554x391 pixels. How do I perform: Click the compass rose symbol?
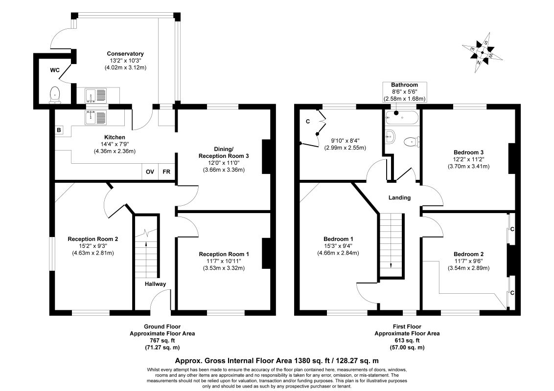tap(482, 53)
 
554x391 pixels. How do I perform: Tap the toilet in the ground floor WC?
tap(55, 95)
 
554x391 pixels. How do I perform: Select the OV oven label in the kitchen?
tap(150, 172)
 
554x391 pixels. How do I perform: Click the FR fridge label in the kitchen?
tap(166, 172)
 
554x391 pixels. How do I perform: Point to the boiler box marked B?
tap(59, 130)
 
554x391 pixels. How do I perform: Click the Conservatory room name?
tap(125, 54)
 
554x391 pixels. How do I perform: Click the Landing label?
tap(400, 197)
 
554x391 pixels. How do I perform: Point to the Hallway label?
tap(155, 284)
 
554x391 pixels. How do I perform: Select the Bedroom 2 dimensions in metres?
tap(468, 268)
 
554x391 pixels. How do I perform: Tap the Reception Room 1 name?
tap(224, 254)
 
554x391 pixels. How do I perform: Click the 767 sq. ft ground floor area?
tap(162, 341)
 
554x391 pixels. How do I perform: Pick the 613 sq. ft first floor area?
tap(407, 341)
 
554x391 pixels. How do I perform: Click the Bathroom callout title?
tap(405, 85)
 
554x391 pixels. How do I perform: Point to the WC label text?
tap(55, 70)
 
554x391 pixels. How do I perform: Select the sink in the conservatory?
tap(96, 96)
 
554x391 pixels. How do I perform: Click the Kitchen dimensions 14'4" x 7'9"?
tap(115, 144)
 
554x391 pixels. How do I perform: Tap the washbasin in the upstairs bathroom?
tap(390, 136)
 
